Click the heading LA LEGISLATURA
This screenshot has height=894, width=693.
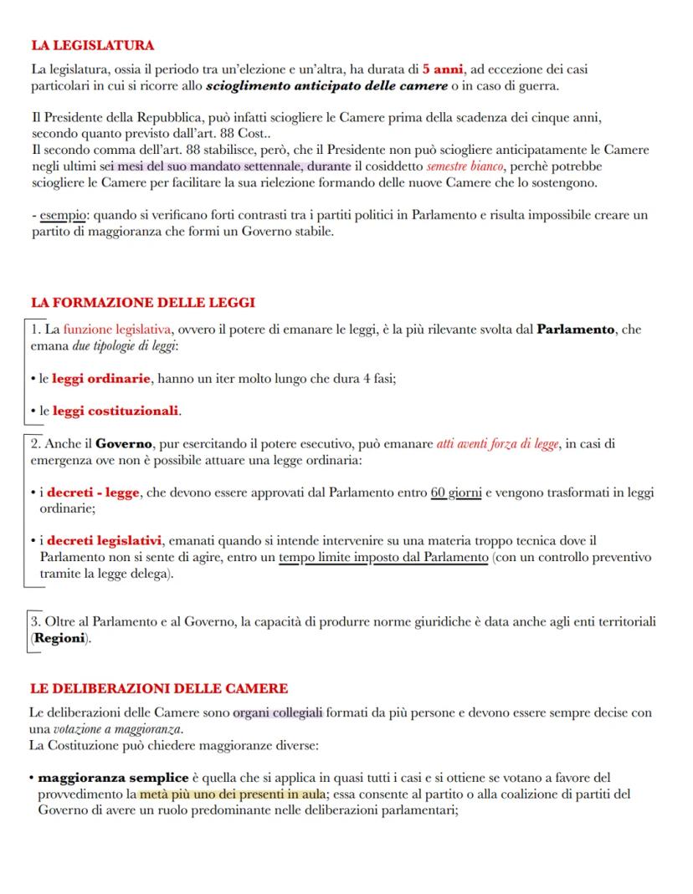tap(92, 45)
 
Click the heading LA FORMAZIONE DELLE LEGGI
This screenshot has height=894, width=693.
tap(142, 303)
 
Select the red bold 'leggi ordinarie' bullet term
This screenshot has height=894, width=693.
tap(101, 379)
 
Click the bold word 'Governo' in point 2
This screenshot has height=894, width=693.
tap(123, 444)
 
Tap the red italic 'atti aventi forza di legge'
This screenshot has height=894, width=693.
tap(498, 444)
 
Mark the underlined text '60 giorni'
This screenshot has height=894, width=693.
tap(455, 493)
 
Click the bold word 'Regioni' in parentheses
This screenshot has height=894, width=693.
tap(59, 638)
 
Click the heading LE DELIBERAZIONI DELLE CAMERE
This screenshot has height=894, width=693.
tap(159, 688)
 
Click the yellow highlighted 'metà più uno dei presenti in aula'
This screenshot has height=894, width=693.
tap(233, 794)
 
